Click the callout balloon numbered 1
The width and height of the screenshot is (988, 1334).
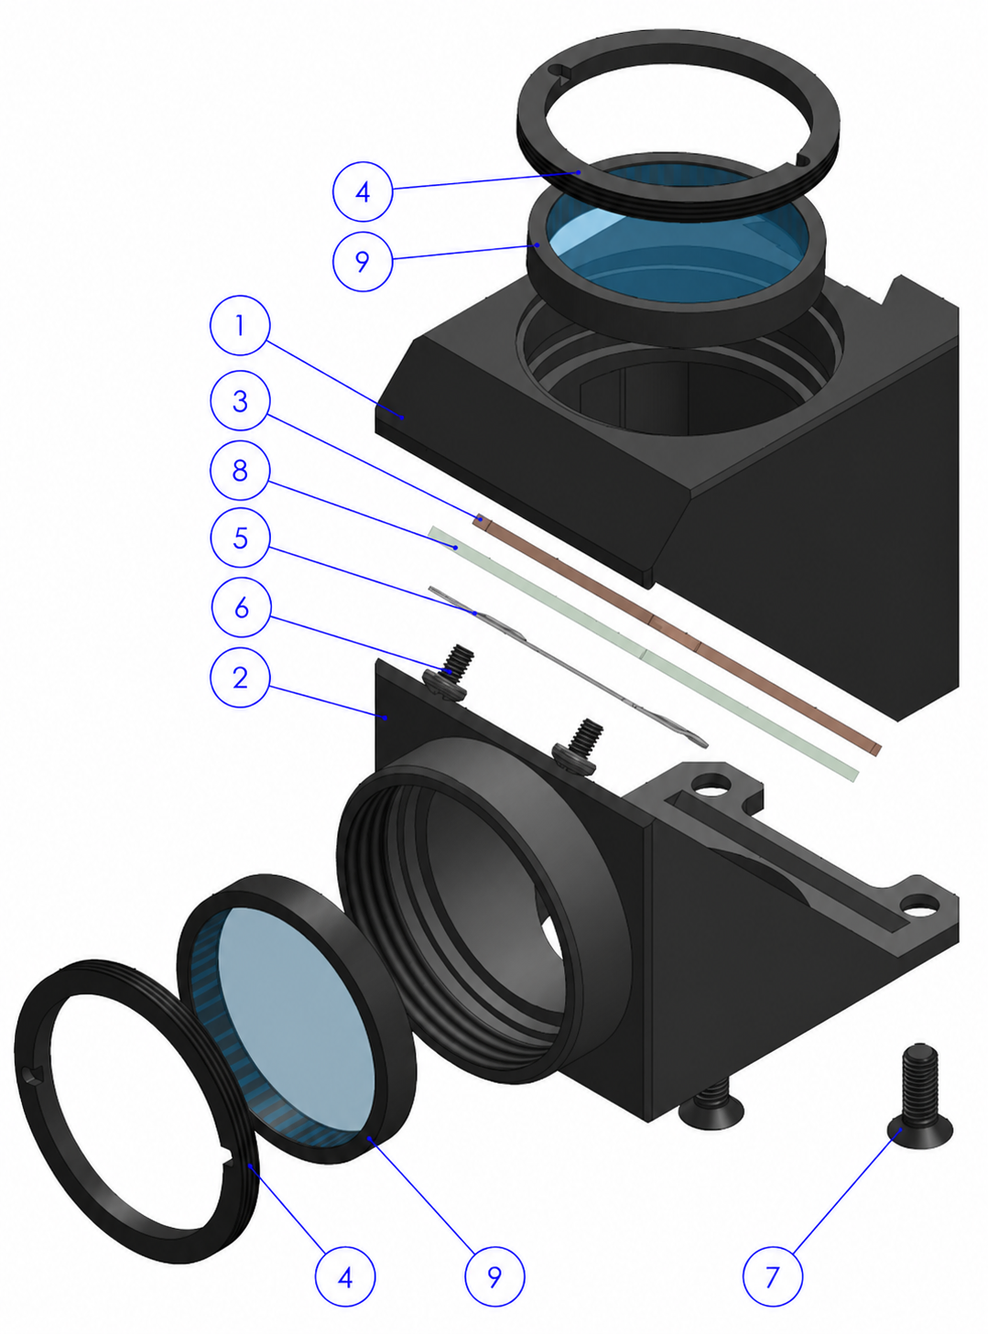240,325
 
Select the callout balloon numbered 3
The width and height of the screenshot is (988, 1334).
240,400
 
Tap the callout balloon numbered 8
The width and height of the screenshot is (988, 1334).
240,470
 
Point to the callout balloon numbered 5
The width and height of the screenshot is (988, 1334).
241,537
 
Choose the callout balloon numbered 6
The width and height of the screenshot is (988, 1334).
242,607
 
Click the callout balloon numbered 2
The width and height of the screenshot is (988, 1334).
240,678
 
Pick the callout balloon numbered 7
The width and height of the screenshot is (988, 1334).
773,1276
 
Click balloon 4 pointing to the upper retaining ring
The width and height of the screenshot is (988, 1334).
363,191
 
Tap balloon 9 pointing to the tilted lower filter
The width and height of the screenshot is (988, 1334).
494,1276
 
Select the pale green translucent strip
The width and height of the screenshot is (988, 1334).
643,653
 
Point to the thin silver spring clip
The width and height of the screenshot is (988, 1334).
568,667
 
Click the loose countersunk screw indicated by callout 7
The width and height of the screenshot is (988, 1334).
920,1101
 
